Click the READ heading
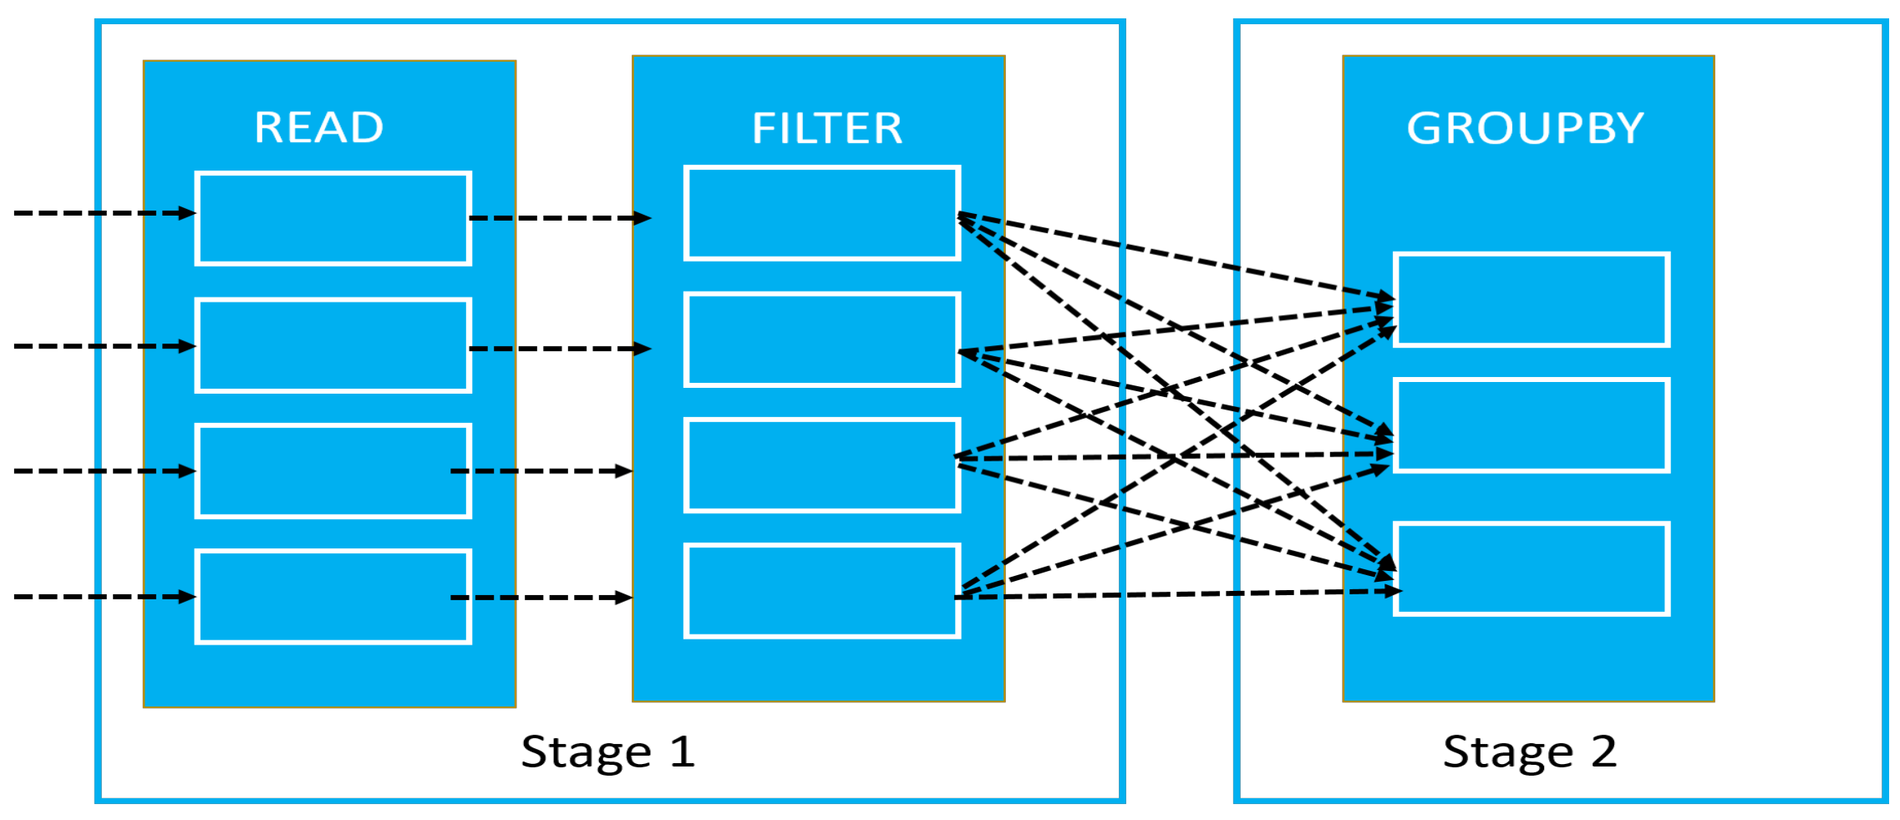319,128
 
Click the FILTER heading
827,129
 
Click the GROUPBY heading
1526,129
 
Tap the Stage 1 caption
608,751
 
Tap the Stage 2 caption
1530,751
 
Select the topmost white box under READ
333,218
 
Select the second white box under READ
333,345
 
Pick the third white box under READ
333,471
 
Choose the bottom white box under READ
333,597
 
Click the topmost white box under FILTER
822,213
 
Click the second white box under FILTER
822,339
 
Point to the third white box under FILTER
822,465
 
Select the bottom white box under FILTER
822,591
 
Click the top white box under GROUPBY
1532,299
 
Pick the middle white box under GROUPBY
1532,425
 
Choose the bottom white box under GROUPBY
1532,569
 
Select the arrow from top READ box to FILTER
560,218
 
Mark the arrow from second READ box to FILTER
560,349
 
